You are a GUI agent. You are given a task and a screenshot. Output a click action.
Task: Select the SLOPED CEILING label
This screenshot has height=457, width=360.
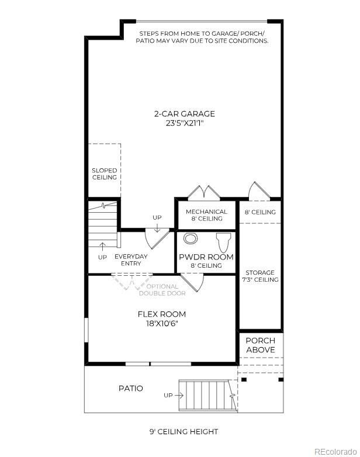tap(104, 174)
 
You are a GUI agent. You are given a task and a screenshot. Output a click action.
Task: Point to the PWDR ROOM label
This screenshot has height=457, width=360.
tap(206, 257)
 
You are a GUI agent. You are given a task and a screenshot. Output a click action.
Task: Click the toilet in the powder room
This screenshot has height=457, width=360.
tap(224, 241)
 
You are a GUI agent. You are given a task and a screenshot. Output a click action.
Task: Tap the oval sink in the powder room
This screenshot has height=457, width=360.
tap(191, 238)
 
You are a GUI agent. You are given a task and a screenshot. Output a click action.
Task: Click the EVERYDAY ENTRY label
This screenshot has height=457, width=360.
tap(131, 260)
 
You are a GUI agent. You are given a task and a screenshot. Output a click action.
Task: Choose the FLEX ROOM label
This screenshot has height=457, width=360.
tap(161, 314)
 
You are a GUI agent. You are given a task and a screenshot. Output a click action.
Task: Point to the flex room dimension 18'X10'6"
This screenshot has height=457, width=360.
tap(161, 323)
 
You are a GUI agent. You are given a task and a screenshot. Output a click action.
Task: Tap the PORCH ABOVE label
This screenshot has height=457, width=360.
tap(260, 345)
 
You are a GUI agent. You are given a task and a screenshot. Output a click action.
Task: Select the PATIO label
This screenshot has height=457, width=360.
tap(130, 388)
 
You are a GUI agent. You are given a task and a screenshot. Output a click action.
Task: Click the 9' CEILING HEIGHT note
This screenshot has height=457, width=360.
tap(184, 432)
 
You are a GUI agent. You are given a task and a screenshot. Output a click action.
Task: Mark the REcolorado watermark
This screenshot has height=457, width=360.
tap(334, 451)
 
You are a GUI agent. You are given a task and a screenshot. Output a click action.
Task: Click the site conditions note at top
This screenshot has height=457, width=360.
tap(202, 37)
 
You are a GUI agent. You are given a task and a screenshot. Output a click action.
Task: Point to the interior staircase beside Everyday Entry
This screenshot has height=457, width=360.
tap(103, 225)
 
